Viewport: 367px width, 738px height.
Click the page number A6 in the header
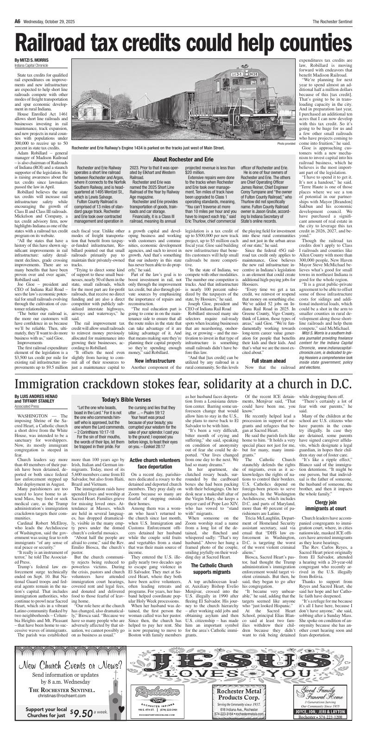[17, 7]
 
